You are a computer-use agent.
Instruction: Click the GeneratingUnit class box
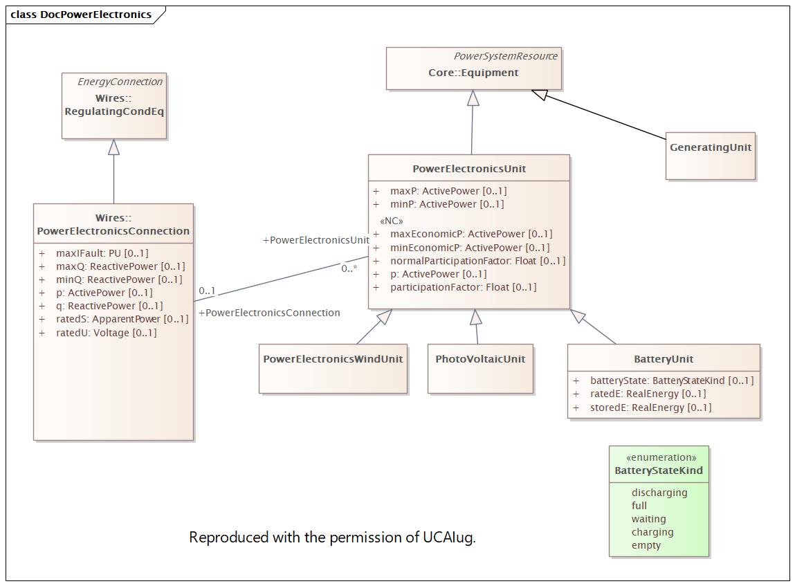pyautogui.click(x=711, y=156)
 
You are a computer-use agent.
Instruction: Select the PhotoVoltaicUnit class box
pyautogui.click(x=480, y=369)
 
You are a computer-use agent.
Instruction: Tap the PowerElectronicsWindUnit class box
pyautogui.click(x=333, y=369)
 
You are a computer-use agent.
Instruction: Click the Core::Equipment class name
pyautogui.click(x=473, y=73)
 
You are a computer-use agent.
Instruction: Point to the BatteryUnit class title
pyautogui.click(x=663, y=359)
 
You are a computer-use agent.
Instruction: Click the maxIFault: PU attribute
pyautogui.click(x=102, y=253)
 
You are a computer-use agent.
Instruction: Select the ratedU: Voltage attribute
pyautogui.click(x=106, y=333)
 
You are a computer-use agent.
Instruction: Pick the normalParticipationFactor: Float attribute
pyautogui.click(x=477, y=261)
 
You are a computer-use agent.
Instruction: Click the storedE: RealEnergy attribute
pyautogui.click(x=650, y=407)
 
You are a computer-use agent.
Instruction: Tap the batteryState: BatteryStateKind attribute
pyautogui.click(x=672, y=381)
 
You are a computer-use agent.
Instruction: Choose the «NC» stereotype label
pyautogui.click(x=392, y=221)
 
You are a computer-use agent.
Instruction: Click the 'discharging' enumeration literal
pyautogui.click(x=659, y=492)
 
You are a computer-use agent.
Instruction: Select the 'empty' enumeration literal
pyautogui.click(x=646, y=545)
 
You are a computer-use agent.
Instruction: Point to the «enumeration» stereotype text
pyautogui.click(x=661, y=457)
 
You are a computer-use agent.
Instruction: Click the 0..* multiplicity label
pyautogui.click(x=349, y=268)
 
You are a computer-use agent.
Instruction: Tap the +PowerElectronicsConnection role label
pyautogui.click(x=269, y=313)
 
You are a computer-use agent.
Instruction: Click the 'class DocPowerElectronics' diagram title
pyautogui.click(x=81, y=15)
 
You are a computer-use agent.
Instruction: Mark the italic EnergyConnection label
pyautogui.click(x=120, y=82)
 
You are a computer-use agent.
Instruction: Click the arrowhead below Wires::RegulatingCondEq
pyautogui.click(x=114, y=147)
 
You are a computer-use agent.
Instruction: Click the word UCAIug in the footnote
pyautogui.click(x=449, y=538)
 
